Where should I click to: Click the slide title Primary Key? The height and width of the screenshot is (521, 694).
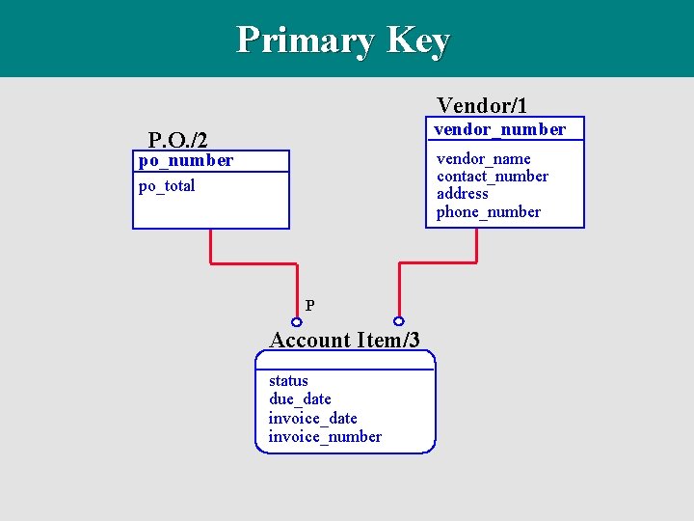point(343,41)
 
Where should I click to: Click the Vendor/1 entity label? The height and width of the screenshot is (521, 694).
point(482,104)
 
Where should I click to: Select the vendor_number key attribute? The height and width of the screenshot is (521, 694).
point(499,129)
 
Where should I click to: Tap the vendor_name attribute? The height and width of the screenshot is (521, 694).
point(483,158)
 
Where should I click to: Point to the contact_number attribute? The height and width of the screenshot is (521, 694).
point(492,176)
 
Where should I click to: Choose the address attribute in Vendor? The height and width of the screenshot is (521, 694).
point(462,193)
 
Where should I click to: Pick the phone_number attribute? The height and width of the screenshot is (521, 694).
point(488,211)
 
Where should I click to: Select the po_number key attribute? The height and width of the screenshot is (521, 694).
point(186,160)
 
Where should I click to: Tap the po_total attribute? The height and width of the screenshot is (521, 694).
point(167,185)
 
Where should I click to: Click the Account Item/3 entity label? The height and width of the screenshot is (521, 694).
point(344,340)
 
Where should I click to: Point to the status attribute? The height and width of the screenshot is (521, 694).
point(288,381)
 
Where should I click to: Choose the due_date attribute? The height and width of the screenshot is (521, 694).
point(300,398)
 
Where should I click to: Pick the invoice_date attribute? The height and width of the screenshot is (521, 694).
point(312,418)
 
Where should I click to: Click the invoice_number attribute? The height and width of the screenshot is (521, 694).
point(325,436)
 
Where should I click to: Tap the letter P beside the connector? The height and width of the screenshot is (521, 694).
point(309,306)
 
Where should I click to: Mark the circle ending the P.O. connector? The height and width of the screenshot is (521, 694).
point(297,321)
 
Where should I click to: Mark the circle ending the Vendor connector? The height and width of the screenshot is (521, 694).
point(398,321)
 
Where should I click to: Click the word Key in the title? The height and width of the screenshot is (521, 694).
point(417,41)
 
